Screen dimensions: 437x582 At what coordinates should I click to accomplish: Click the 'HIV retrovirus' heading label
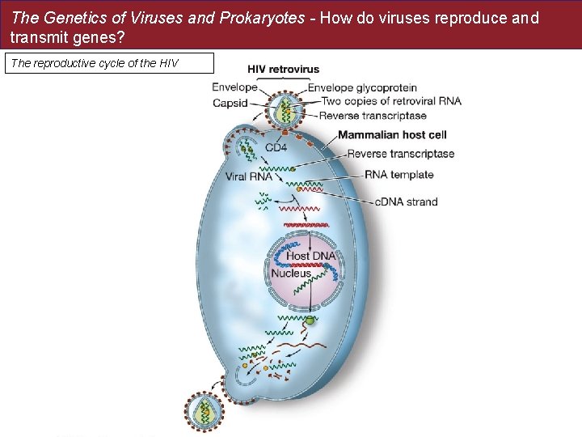283,70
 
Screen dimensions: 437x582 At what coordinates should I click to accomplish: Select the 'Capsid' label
230,103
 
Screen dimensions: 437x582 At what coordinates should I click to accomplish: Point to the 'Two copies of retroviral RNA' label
391,101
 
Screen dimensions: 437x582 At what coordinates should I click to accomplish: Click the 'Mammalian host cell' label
392,134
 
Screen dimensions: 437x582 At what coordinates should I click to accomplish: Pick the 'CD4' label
276,148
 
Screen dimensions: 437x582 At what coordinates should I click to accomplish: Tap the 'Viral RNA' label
248,176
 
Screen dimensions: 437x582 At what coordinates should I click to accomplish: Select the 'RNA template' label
399,174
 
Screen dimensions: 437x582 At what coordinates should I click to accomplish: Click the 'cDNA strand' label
407,202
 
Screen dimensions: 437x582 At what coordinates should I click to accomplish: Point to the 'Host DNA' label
311,256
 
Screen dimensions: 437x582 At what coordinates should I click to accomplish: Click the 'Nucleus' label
291,274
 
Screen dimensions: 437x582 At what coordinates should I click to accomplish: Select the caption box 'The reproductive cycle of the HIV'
109,63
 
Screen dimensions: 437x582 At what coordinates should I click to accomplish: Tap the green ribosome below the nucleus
310,320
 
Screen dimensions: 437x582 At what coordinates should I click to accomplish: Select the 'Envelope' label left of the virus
235,87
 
